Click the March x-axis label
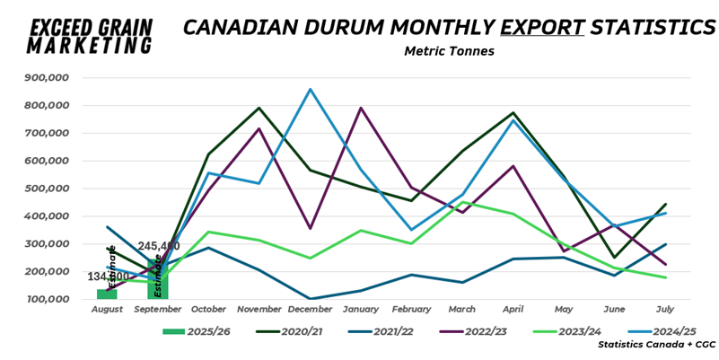click(x=461, y=309)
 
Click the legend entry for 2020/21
click(x=278, y=330)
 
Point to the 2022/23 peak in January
click(x=361, y=108)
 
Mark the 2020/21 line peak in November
click(x=259, y=108)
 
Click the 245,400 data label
click(x=159, y=246)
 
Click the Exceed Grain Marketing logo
click(x=92, y=34)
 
